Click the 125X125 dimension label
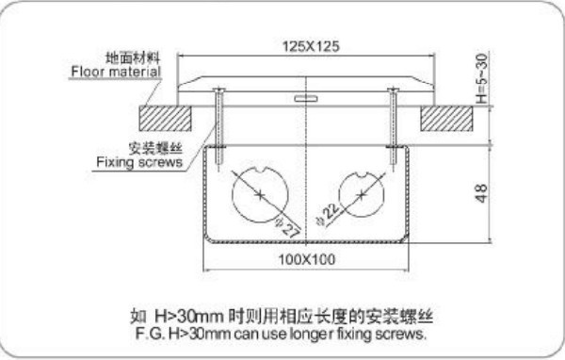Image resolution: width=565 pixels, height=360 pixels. (310, 46)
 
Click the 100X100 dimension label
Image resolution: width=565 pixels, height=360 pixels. (307, 259)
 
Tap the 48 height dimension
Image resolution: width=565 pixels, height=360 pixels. (482, 193)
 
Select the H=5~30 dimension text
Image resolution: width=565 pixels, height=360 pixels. (482, 77)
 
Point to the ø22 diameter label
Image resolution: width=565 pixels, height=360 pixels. (327, 214)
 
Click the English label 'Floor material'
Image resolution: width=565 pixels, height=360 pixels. (116, 72)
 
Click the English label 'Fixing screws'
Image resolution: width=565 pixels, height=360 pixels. (139, 162)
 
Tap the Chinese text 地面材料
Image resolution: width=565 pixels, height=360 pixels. (133, 57)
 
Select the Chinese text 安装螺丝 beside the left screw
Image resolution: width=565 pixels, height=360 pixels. (155, 148)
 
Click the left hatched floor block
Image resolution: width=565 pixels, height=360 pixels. (166, 119)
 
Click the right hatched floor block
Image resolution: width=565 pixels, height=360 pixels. (446, 119)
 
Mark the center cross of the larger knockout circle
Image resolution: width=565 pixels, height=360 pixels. (260, 195)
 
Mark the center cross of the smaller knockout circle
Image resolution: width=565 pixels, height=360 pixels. (362, 195)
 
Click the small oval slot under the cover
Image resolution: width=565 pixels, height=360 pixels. (305, 98)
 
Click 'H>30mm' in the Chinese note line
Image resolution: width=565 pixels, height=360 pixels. (190, 317)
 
